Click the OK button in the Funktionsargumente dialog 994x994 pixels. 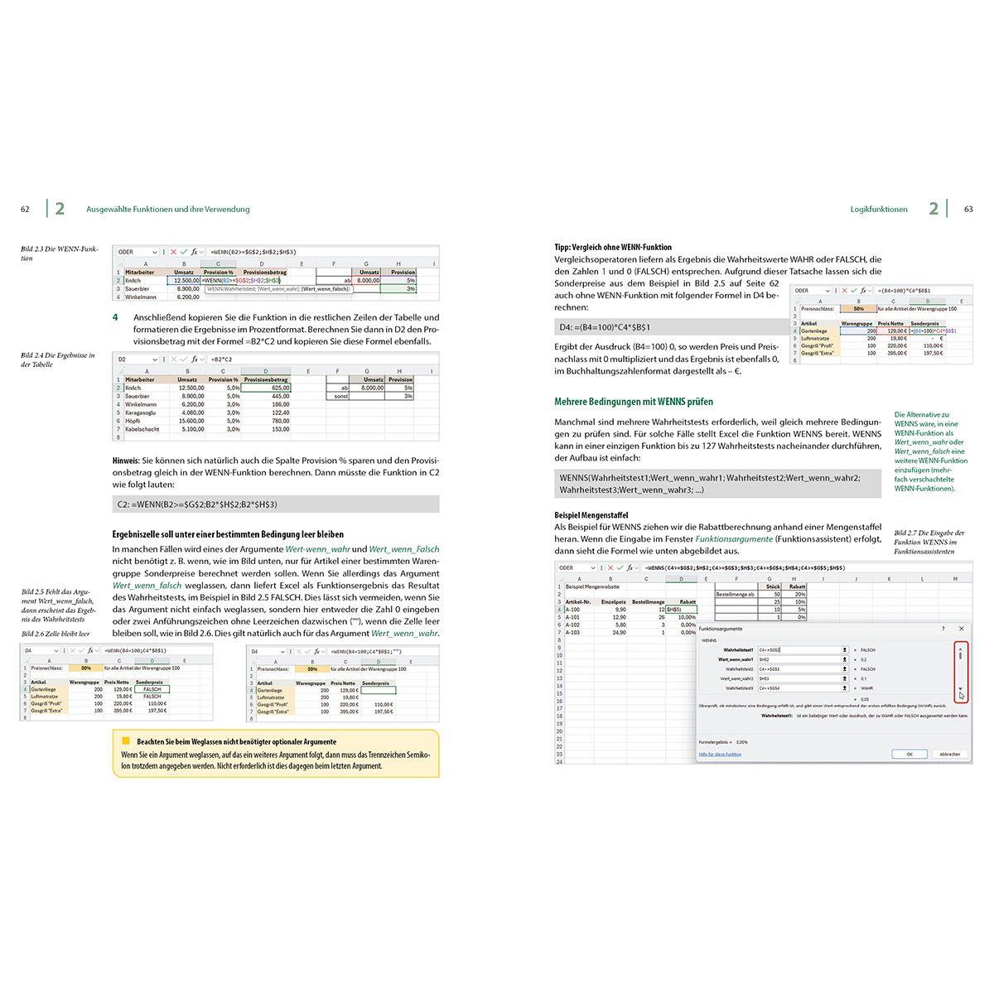pos(909,754)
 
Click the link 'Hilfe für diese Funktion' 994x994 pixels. pos(720,754)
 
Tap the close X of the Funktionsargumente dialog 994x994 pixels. pos(961,629)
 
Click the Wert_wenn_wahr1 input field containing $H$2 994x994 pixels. pos(799,659)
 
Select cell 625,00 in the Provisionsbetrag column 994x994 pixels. pos(266,388)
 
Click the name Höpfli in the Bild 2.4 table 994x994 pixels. pos(136,421)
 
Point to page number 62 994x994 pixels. pos(25,210)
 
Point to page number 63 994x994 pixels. pos(968,210)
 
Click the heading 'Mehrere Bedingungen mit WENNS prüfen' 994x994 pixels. pos(634,402)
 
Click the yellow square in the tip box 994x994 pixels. pos(127,741)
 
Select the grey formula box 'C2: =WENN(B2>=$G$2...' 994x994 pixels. pos(275,504)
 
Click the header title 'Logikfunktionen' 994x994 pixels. pos(878,210)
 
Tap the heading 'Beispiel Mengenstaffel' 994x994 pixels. pos(591,515)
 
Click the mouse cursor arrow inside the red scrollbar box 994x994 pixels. pos(962,696)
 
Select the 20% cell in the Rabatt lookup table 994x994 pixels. pos(799,594)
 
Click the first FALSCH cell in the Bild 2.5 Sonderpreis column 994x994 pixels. pos(152,689)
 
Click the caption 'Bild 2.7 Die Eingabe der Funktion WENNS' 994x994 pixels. pos(929,542)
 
